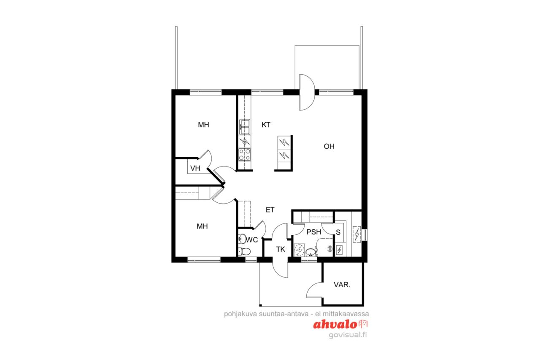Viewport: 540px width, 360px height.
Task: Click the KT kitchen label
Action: pos(266,125)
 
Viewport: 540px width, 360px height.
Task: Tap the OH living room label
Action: pos(329,146)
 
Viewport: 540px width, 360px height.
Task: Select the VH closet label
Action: pos(195,169)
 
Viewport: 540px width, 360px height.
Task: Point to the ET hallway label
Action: pos(270,210)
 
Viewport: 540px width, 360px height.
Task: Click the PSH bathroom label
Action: pos(313,232)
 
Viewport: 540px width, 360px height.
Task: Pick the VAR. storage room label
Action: pos(342,285)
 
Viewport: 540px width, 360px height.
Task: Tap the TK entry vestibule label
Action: pos(281,249)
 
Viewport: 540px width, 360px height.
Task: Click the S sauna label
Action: pos(338,232)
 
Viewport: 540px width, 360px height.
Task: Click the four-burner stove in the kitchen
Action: pos(245,154)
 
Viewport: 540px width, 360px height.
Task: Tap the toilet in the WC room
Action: pos(245,251)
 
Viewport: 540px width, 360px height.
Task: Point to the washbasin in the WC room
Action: pos(241,239)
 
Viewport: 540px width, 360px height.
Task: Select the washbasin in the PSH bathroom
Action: pos(311,252)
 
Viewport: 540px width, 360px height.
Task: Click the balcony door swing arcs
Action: pos(307,92)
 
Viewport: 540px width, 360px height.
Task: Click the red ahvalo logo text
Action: pos(335,325)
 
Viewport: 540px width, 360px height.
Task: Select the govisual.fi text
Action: pos(348,335)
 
